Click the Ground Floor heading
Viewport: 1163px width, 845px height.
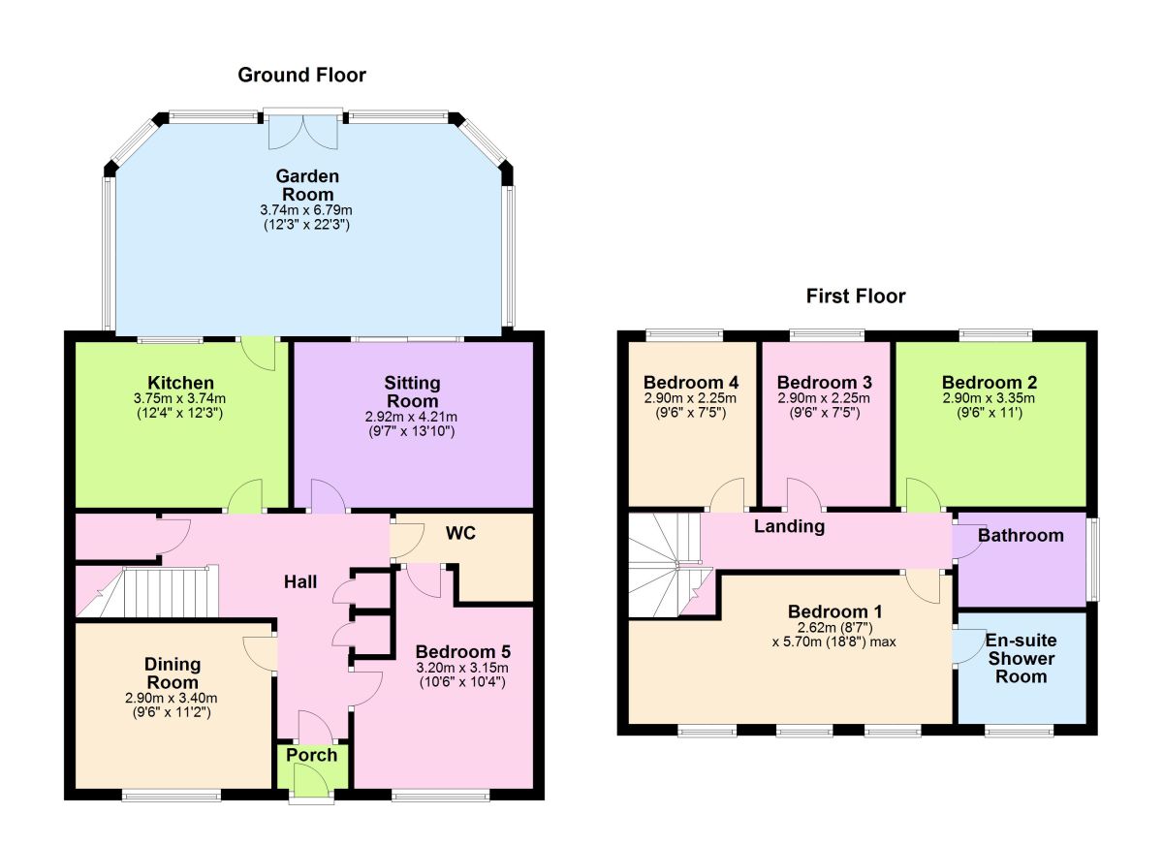tap(302, 75)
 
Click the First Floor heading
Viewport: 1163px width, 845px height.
tap(856, 297)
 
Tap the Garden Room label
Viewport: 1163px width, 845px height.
tap(307, 185)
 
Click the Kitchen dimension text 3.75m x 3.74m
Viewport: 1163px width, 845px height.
tap(180, 399)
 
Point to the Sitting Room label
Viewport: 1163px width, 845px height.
tap(412, 392)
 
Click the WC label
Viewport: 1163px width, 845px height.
tap(461, 534)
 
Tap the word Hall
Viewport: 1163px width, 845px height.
tap(300, 582)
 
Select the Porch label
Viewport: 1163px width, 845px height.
tap(312, 755)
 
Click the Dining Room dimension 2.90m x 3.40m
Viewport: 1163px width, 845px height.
tap(173, 698)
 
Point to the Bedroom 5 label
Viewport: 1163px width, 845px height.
tap(462, 651)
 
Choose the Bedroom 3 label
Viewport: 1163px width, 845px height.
tap(824, 382)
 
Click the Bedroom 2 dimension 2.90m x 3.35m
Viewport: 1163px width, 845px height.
tap(989, 398)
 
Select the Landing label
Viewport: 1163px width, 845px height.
tap(790, 526)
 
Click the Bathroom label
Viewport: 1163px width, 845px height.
tap(1020, 535)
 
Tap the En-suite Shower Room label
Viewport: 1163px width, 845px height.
tap(1021, 658)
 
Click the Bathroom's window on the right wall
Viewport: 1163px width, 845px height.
tap(1091, 559)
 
